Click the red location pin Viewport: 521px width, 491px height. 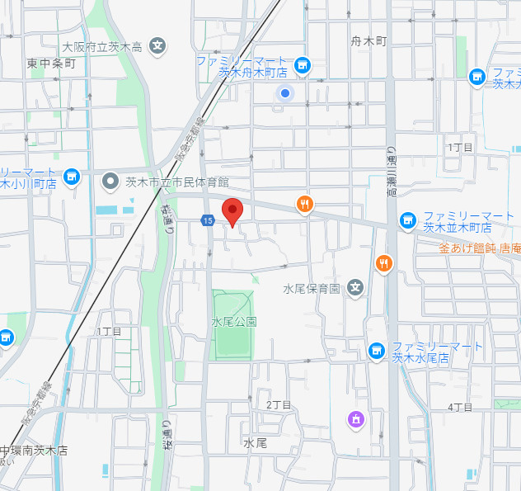pyautogui.click(x=232, y=209)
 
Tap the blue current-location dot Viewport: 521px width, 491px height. pyautogui.click(x=285, y=93)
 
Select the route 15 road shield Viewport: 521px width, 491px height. pyautogui.click(x=208, y=220)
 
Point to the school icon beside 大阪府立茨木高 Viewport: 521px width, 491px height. pyautogui.click(x=159, y=45)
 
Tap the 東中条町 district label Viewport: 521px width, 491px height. pyautogui.click(x=50, y=63)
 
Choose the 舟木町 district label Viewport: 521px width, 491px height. pyautogui.click(x=368, y=40)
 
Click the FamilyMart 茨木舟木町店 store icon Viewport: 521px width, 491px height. pyautogui.click(x=303, y=64)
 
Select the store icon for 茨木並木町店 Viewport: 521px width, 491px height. pyautogui.click(x=406, y=220)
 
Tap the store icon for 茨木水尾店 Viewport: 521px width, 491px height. pyautogui.click(x=377, y=351)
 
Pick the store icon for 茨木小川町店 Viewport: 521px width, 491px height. pyautogui.click(x=72, y=176)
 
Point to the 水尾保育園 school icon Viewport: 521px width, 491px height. pyautogui.click(x=354, y=288)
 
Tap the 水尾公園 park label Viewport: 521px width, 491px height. pyautogui.click(x=234, y=321)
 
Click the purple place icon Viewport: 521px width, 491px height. pyautogui.click(x=355, y=419)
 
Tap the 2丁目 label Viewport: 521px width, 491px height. pyautogui.click(x=279, y=404)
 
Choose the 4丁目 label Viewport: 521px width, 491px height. pyautogui.click(x=460, y=407)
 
